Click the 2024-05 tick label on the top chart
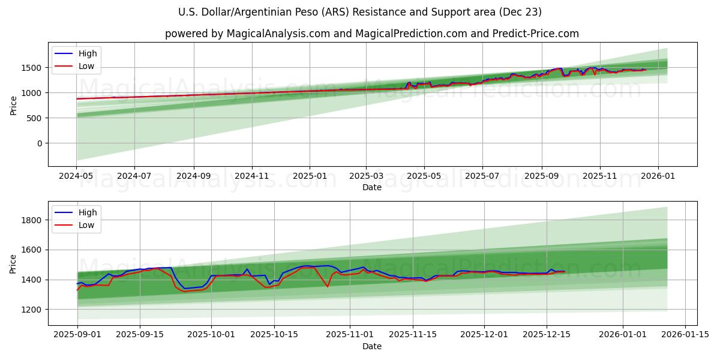[76, 177]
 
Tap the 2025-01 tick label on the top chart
[310, 177]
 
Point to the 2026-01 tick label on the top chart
[658, 177]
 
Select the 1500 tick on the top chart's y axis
[34, 68]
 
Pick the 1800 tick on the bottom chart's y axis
[34, 220]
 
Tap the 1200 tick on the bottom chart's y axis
[34, 310]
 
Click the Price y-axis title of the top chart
[13, 105]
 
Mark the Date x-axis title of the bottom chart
[372, 346]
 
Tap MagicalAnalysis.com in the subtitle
[278, 34]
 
